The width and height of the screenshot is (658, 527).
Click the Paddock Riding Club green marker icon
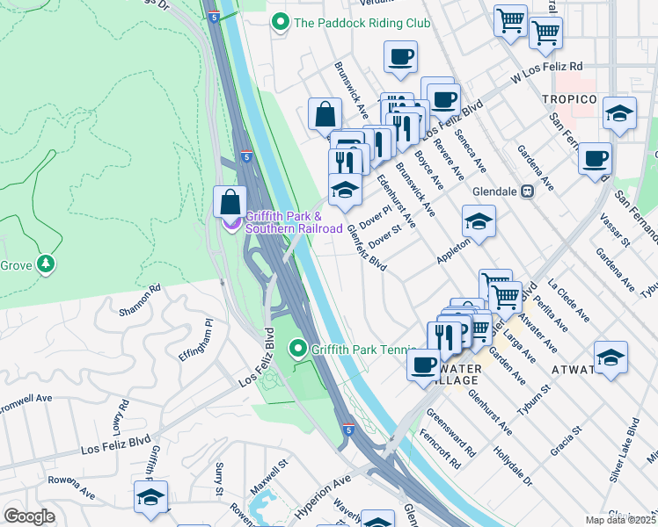[x=281, y=22]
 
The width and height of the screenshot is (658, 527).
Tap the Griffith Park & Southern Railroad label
[x=294, y=222]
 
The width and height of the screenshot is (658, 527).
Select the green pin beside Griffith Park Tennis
[x=298, y=350]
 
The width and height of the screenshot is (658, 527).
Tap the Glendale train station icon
[x=528, y=190]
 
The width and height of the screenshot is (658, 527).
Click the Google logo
[x=29, y=516]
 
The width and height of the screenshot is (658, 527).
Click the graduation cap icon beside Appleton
[x=479, y=222]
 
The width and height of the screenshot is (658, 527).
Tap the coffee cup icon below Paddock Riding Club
[x=401, y=58]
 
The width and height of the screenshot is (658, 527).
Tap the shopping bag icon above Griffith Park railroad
[x=230, y=202]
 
